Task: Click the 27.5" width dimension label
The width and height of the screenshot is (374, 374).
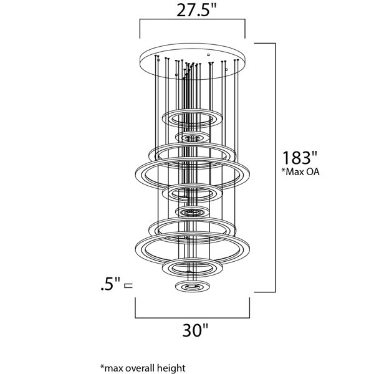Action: [x=196, y=10]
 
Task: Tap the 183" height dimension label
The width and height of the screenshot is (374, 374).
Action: [x=300, y=158]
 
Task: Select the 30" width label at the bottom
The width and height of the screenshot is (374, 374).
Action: [x=195, y=330]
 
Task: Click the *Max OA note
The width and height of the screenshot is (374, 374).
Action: [x=300, y=172]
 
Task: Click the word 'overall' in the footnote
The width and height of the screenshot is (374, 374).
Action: [x=141, y=368]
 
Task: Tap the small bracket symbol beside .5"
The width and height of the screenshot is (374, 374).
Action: [x=128, y=285]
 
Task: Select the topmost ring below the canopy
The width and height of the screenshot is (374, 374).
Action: [x=192, y=110]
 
